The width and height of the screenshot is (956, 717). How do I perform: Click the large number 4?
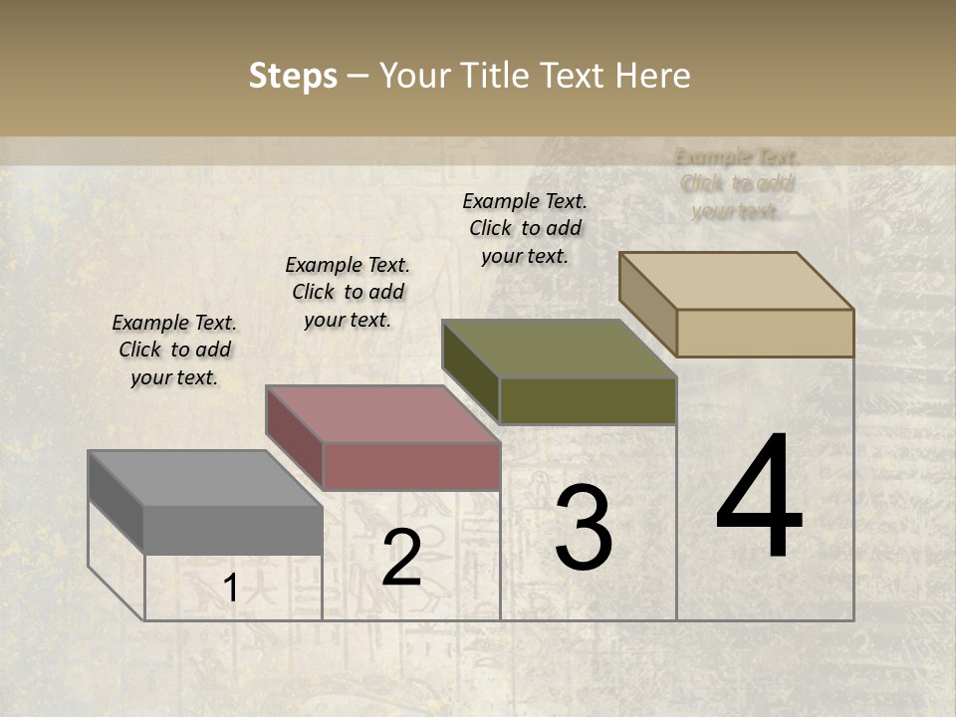coord(759,498)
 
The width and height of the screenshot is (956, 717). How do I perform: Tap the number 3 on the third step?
coord(583,528)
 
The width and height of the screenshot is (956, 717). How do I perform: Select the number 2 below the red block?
coord(401,558)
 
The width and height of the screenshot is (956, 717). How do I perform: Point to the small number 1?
coord(230,589)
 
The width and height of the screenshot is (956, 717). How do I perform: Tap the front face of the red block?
coord(411,466)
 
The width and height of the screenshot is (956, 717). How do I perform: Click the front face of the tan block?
coord(765,333)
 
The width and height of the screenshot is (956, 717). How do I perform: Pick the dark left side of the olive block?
coord(470,371)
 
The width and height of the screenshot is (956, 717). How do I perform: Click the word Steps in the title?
coord(293,76)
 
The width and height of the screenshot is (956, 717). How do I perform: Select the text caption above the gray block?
coord(174,350)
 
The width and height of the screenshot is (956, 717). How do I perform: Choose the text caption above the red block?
coord(348,292)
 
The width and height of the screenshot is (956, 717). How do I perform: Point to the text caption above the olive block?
coord(525,228)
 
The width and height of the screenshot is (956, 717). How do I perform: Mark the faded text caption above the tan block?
coord(737,184)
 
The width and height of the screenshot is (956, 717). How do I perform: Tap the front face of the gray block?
coord(233,529)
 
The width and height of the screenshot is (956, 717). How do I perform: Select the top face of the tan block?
coord(736,280)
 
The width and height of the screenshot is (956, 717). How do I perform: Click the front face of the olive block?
coord(588,400)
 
